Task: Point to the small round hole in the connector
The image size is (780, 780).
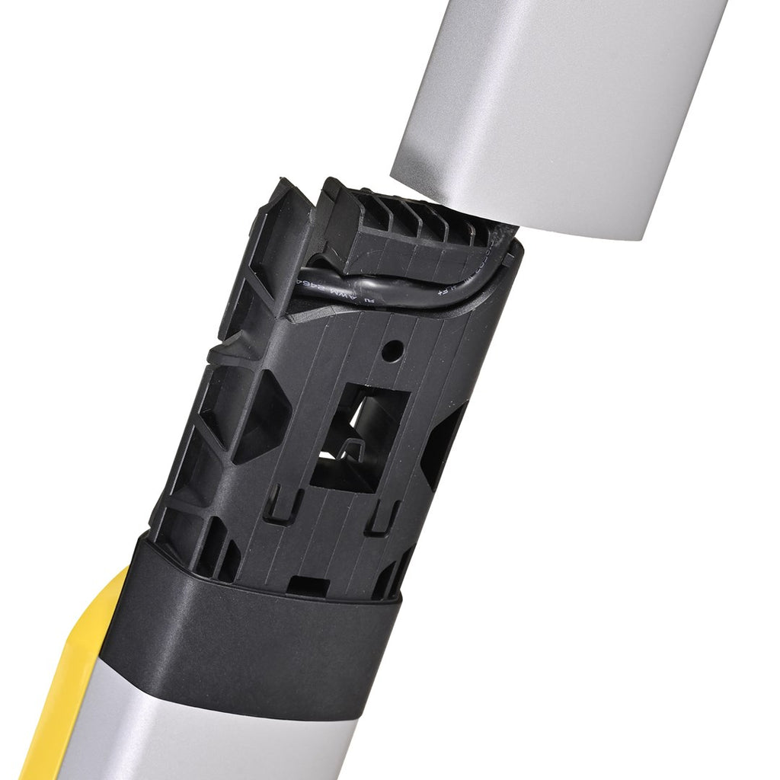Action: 392,351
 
